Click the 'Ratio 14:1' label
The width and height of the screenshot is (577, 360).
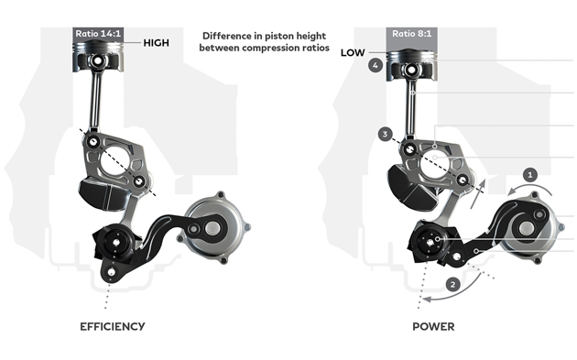pyautogui.click(x=98, y=34)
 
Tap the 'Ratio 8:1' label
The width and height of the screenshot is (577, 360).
pyautogui.click(x=412, y=34)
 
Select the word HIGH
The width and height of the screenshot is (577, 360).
pyautogui.click(x=157, y=43)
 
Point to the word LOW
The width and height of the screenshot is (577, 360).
pyautogui.click(x=353, y=52)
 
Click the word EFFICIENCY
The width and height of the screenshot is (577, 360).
pyautogui.click(x=113, y=326)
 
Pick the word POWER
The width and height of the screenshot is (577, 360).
pyautogui.click(x=433, y=326)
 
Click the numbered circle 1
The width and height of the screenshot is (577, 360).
pyautogui.click(x=530, y=174)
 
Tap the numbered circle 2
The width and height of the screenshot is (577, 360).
pyautogui.click(x=452, y=285)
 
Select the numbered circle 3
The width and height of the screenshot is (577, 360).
pyautogui.click(x=385, y=134)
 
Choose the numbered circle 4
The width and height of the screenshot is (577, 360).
pyautogui.click(x=375, y=66)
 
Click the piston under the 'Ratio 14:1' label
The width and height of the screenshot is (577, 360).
pyautogui.click(x=98, y=56)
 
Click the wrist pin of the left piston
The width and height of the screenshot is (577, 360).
pyautogui.click(x=98, y=60)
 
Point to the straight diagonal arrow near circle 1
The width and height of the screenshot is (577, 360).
pyautogui.click(x=478, y=194)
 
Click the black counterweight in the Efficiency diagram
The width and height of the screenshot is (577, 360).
pyautogui.click(x=102, y=193)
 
